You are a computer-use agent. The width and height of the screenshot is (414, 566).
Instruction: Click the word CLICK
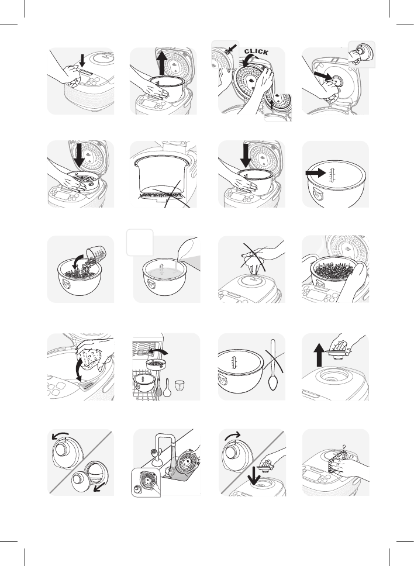pos(256,51)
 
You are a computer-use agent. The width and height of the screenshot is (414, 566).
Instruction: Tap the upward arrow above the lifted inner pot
pos(163,63)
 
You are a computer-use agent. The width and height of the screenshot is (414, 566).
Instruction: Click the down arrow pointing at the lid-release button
pos(82,60)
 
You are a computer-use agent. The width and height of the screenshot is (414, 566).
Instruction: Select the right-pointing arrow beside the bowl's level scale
pos(315,173)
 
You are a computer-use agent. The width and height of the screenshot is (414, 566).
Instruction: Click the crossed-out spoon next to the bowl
pos(272,365)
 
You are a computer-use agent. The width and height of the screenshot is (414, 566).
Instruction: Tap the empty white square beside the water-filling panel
pos(140,242)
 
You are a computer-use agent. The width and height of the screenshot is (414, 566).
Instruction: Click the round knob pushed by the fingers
pos(337,81)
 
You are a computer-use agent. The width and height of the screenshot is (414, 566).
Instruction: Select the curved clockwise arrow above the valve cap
pos(233,436)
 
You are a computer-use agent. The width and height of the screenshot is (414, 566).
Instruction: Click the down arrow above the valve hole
pos(254,475)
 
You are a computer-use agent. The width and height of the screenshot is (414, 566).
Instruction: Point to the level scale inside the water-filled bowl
pos(163,270)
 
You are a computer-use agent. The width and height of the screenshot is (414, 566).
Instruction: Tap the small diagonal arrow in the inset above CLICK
pos(232,49)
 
